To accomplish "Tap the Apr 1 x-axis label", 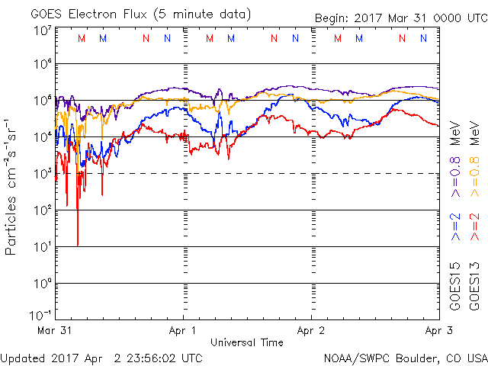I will [183, 332].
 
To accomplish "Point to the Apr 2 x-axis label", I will [311, 332].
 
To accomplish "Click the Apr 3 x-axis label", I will [439, 332].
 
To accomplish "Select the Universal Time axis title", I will [246, 342].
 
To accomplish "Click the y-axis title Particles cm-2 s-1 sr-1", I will [12, 186].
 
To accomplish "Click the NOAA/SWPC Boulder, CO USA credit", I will [404, 357].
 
